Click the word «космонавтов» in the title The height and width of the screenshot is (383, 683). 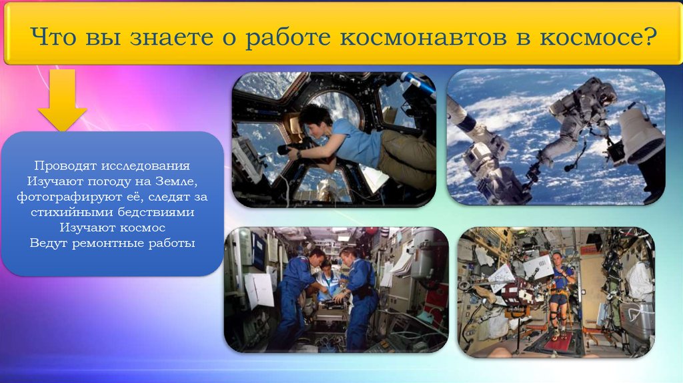(423, 37)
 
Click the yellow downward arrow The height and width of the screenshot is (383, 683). (62, 100)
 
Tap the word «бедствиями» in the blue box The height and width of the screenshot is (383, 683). (156, 212)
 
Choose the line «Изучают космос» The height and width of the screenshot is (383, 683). (112, 228)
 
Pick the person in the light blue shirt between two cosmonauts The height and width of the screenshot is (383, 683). (329, 283)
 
